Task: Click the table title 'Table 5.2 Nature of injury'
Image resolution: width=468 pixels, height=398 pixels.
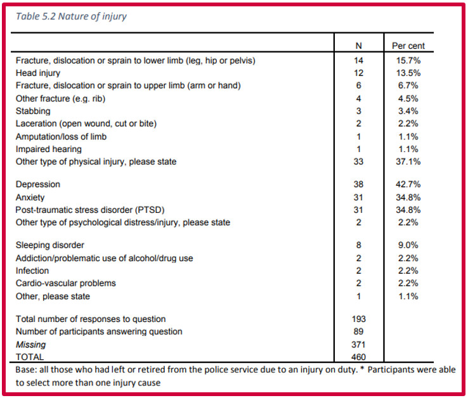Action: click(71, 16)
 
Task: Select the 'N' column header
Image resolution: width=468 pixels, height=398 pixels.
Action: click(358, 46)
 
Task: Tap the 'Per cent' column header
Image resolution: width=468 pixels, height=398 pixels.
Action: click(408, 46)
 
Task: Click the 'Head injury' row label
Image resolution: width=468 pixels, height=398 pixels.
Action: click(38, 73)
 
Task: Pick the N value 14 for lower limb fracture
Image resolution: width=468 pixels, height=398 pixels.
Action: click(358, 61)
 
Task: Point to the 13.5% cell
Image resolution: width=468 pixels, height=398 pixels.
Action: click(408, 73)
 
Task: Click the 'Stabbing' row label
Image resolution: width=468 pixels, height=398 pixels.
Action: click(33, 111)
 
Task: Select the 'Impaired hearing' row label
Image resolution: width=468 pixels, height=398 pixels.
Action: click(49, 149)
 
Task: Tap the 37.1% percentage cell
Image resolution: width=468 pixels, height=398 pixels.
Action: click(408, 162)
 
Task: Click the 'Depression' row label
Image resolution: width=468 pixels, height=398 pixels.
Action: click(38, 184)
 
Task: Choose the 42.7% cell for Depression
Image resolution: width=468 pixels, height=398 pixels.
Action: click(408, 184)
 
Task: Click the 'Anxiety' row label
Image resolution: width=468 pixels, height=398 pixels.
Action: click(30, 198)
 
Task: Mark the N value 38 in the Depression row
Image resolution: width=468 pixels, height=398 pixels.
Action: click(358, 184)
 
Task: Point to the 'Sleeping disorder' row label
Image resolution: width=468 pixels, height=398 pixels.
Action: click(50, 245)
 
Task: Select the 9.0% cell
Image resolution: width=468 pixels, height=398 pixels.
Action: click(408, 245)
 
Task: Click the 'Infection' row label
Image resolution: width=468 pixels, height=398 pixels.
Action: click(32, 271)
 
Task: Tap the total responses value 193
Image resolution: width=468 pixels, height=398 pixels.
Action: click(358, 319)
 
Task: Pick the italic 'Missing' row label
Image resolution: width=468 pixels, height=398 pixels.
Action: click(30, 345)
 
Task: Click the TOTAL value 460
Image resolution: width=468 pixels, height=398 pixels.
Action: click(358, 357)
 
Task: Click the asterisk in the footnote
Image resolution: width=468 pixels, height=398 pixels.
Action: click(362, 368)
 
